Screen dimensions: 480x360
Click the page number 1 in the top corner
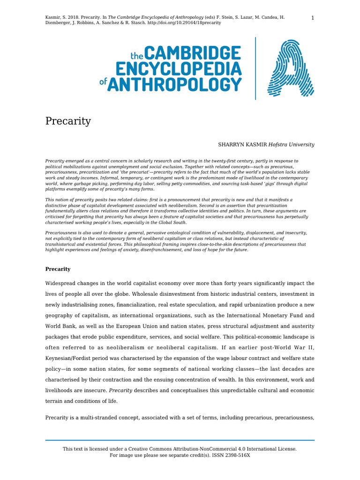(x=312, y=18)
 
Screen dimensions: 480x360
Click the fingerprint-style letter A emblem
(x=290, y=68)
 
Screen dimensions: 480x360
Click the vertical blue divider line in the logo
(x=255, y=69)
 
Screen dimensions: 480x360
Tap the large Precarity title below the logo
(x=68, y=121)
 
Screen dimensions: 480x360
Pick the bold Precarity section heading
(x=58, y=269)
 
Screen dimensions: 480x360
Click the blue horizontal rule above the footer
(x=180, y=440)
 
